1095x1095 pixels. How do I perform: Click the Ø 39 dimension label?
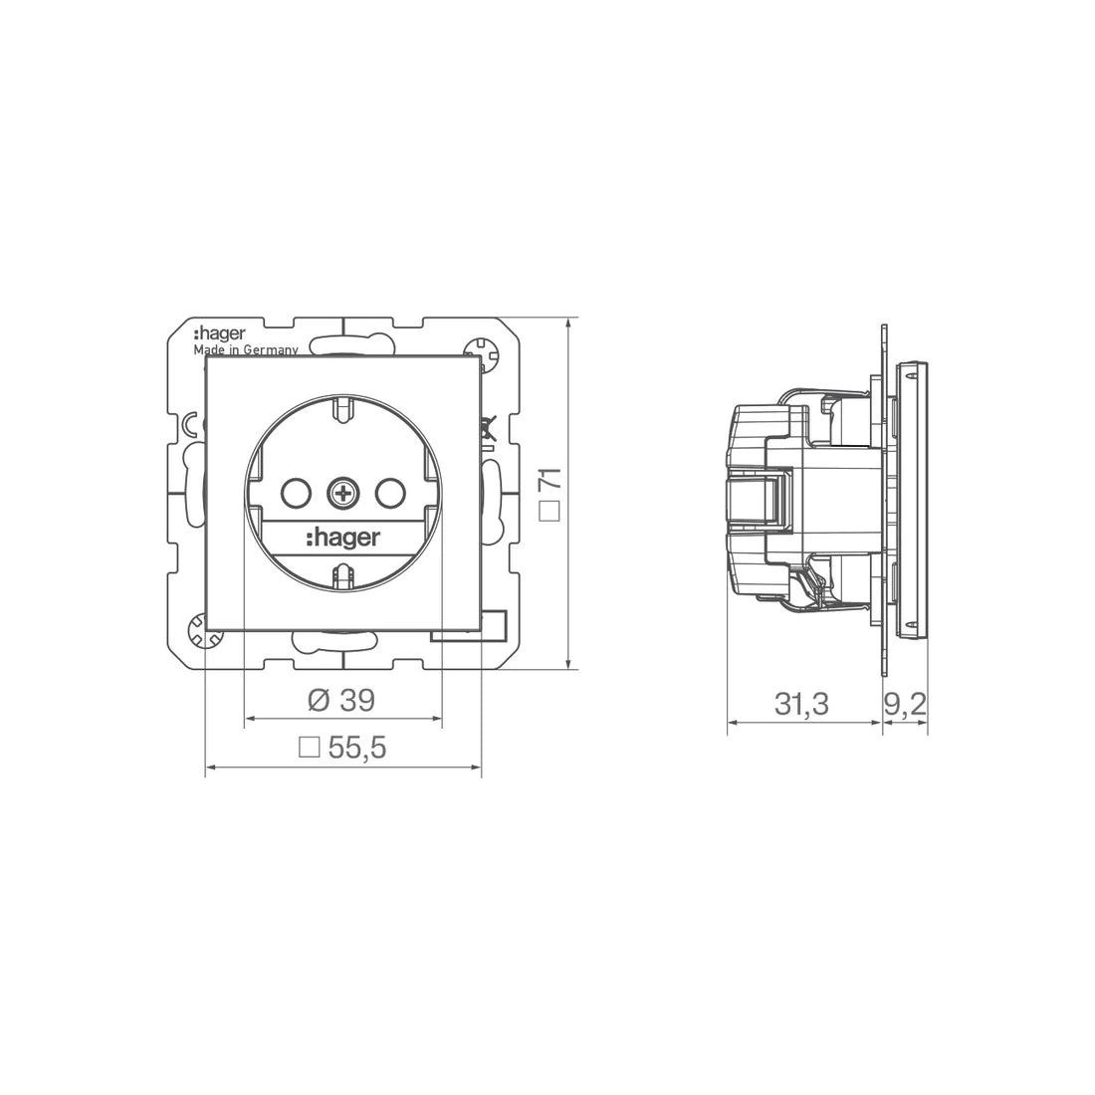point(340,701)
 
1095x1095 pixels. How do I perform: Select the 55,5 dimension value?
point(356,748)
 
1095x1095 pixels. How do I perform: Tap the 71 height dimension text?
point(551,479)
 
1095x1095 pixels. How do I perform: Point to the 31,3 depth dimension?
point(801,704)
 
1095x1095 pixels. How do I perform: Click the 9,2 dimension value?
point(905,704)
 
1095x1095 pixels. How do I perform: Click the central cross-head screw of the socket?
point(342,494)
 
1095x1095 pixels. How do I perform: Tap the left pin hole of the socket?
point(295,494)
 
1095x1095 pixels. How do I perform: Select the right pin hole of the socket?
point(390,494)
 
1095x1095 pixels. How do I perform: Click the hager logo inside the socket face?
point(342,538)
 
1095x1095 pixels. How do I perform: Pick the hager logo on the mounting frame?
point(219,333)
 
